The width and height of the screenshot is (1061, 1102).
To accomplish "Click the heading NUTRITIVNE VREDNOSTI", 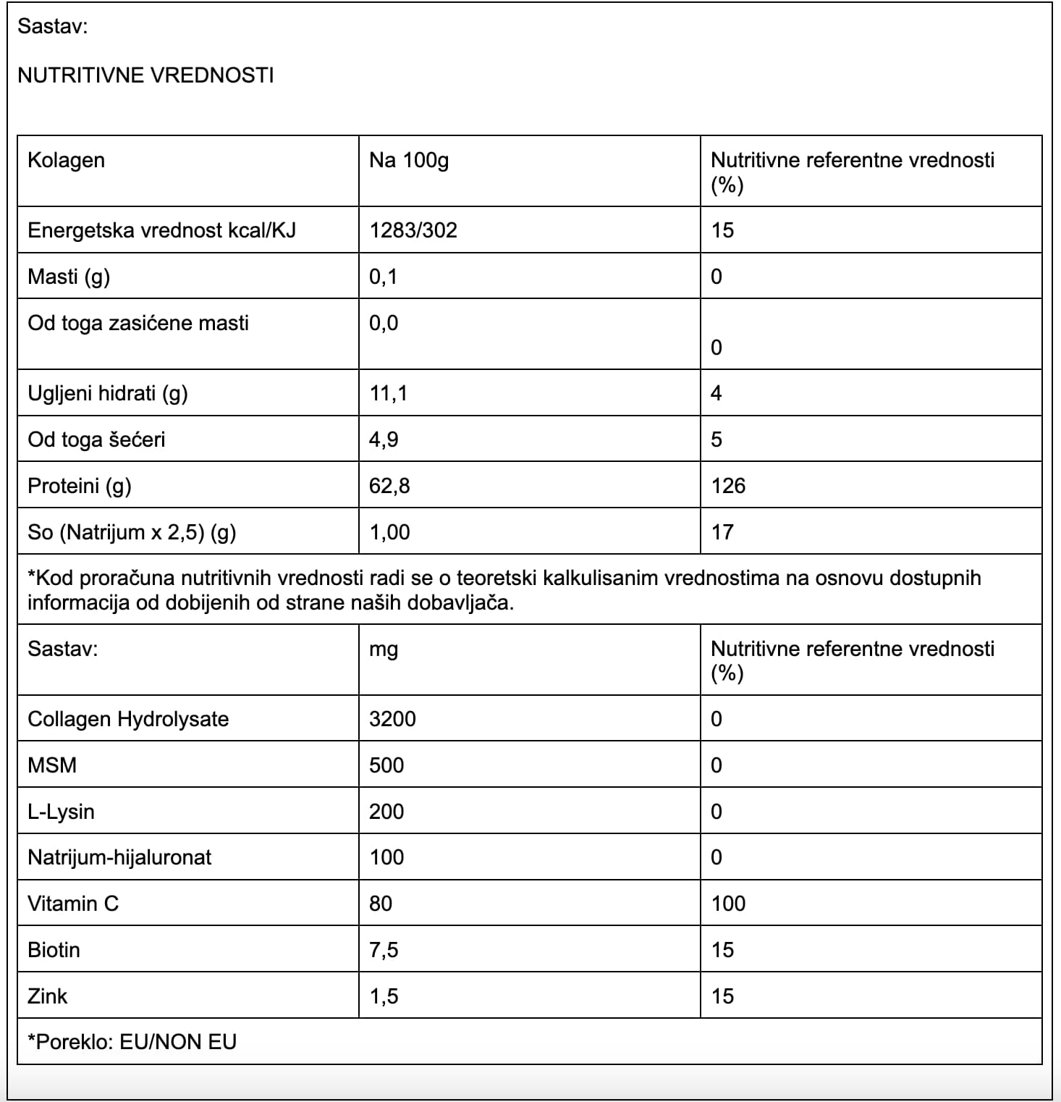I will click(145, 75).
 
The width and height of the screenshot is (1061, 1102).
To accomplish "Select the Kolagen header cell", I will click(66, 160).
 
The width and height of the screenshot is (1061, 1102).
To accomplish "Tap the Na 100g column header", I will click(408, 160).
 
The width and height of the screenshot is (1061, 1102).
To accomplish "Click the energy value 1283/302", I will click(413, 230).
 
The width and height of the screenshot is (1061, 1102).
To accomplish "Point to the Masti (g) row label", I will click(69, 277).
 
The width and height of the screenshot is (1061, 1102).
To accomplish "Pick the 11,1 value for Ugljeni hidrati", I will click(388, 393).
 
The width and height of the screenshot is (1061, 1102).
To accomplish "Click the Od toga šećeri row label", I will click(96, 439).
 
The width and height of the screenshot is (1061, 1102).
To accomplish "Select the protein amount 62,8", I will click(389, 486).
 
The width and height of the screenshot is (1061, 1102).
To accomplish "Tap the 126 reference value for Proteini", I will click(728, 486).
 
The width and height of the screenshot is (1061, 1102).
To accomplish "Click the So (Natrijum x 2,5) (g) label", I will click(132, 532).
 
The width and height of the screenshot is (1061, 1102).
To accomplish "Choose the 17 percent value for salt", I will click(722, 532).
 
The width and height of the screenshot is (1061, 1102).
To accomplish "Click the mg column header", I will click(384, 649).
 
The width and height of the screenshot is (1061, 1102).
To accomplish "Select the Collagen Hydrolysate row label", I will click(128, 719).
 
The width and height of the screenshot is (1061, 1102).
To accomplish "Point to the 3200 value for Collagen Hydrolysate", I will click(392, 719).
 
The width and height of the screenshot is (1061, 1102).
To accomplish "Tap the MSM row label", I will click(52, 765).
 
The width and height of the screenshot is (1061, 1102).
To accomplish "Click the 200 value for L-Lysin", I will click(386, 812).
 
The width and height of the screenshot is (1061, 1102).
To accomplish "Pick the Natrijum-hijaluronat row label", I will click(119, 857).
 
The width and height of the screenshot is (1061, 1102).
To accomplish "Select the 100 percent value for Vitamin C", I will click(728, 904).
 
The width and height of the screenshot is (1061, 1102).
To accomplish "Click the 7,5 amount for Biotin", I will click(384, 950).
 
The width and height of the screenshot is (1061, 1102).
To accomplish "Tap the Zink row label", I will click(48, 996).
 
